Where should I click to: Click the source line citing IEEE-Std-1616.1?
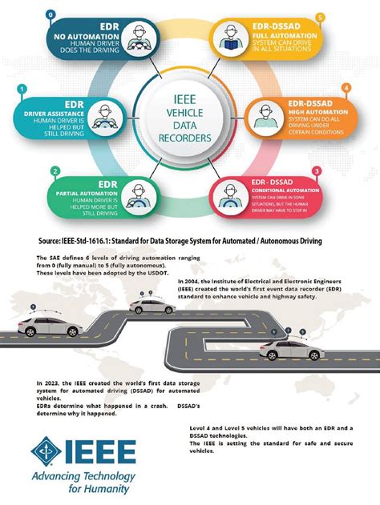(x=190, y=239)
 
